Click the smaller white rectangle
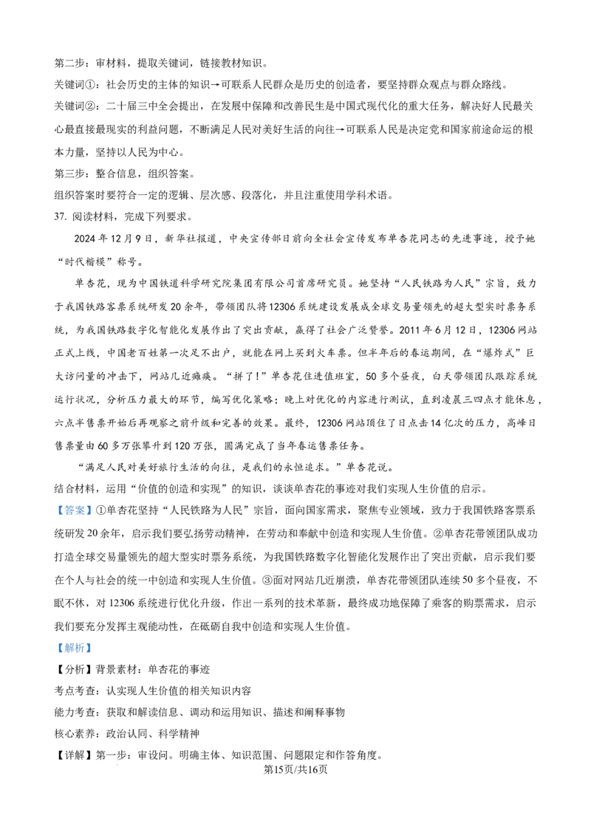(213, 458)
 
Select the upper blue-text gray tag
(74, 510)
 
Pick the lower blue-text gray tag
(74, 648)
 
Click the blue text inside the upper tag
(74, 510)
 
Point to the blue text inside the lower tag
(74, 648)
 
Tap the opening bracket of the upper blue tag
(59, 510)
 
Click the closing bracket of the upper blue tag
(89, 510)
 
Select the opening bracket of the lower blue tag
(59, 648)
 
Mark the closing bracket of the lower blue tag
(89, 648)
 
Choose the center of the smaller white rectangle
(213, 458)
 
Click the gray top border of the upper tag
(74, 503)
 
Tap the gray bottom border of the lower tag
(74, 654)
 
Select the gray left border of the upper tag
(55, 510)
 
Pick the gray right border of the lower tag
(93, 648)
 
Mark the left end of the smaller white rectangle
(208, 458)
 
